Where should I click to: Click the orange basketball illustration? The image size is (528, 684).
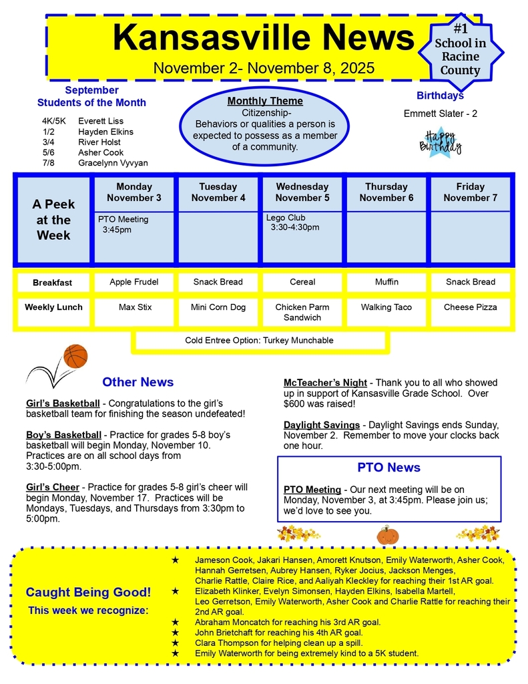pyautogui.click(x=75, y=357)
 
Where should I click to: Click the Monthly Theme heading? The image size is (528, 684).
pyautogui.click(x=265, y=101)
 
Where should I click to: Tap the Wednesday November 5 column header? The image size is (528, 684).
pyautogui.click(x=302, y=192)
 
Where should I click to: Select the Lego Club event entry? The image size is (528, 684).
pyautogui.click(x=292, y=222)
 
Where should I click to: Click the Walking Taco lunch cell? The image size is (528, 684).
pyautogui.click(x=386, y=307)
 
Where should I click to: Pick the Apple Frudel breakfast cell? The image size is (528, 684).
pyautogui.click(x=134, y=282)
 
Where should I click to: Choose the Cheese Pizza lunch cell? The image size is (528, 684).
pyautogui.click(x=470, y=307)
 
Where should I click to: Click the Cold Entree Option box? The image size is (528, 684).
pyautogui.click(x=259, y=341)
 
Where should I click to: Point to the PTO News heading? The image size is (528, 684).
pyautogui.click(x=388, y=468)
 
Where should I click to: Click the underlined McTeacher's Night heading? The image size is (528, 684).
pyautogui.click(x=325, y=383)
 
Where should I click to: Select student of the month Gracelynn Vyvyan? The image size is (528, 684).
pyautogui.click(x=113, y=163)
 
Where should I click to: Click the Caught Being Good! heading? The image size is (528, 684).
pyautogui.click(x=88, y=592)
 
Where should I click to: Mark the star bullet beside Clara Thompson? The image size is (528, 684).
pyautogui.click(x=176, y=643)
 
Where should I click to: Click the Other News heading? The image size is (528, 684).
pyautogui.click(x=138, y=382)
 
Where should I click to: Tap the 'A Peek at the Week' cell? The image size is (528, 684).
pyautogui.click(x=53, y=220)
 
